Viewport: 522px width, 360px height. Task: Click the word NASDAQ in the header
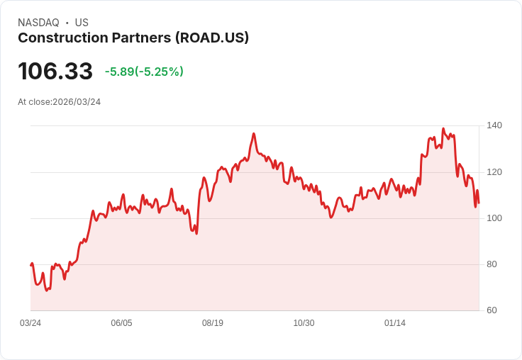click(38, 23)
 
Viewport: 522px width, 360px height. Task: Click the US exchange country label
click(82, 23)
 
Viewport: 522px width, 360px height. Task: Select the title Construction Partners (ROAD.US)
click(133, 38)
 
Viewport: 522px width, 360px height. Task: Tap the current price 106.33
click(55, 71)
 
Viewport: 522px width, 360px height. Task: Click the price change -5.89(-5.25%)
click(144, 72)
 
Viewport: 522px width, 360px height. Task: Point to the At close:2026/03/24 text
click(60, 102)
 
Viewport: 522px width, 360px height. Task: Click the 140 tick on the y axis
click(494, 125)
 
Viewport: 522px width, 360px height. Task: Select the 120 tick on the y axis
click(494, 172)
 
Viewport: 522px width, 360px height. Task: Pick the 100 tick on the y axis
click(494, 218)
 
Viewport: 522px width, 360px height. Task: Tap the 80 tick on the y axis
click(492, 264)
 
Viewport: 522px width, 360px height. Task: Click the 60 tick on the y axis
click(492, 310)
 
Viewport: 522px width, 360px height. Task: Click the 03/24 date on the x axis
click(30, 323)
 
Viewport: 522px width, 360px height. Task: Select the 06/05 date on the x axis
click(121, 323)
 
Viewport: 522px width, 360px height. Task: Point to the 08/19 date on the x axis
click(213, 323)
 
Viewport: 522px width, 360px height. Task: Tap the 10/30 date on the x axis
click(304, 323)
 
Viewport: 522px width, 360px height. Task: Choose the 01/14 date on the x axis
click(395, 323)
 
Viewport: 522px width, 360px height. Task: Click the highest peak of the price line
click(443, 129)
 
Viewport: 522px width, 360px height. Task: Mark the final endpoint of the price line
click(479, 203)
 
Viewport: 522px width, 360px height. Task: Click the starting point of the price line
click(31, 265)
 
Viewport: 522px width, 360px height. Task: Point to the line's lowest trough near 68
click(47, 291)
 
